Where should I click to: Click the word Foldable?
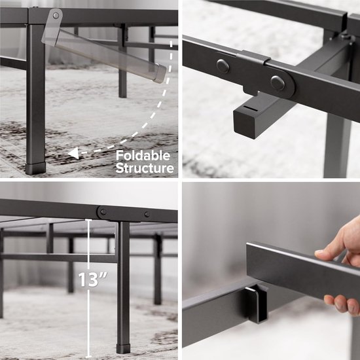[143, 156]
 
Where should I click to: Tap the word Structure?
[145, 168]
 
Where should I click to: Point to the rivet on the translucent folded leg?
[56, 15]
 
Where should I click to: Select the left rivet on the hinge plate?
[223, 65]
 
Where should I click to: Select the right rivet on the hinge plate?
[278, 82]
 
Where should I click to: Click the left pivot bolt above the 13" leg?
[102, 212]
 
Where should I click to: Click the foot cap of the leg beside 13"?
[123, 347]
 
